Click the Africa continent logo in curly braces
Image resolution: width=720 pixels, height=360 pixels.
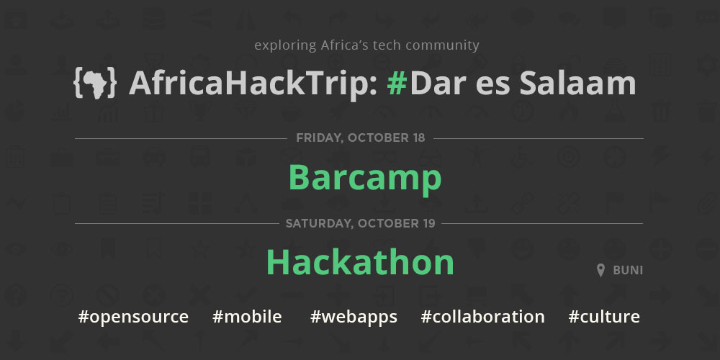pyautogui.click(x=95, y=84)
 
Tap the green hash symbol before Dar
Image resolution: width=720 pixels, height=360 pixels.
pyautogui.click(x=397, y=83)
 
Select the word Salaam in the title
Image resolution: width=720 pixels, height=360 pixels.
pyautogui.click(x=577, y=83)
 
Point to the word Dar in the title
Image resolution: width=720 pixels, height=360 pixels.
pyautogui.click(x=438, y=83)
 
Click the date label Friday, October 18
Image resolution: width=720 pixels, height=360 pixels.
pyautogui.click(x=361, y=138)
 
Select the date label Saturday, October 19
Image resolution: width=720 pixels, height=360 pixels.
pyautogui.click(x=360, y=224)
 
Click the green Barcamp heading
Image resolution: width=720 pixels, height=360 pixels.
pyautogui.click(x=365, y=178)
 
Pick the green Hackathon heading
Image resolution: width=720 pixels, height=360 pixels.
pyautogui.click(x=360, y=262)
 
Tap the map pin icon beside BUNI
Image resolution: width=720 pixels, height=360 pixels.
pyautogui.click(x=600, y=271)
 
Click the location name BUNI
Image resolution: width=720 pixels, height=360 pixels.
pyautogui.click(x=628, y=271)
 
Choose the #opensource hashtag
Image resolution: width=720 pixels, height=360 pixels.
pyautogui.click(x=133, y=317)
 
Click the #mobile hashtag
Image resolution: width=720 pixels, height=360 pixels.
pyautogui.click(x=247, y=316)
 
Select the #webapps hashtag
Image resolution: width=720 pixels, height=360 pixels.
pyautogui.click(x=354, y=317)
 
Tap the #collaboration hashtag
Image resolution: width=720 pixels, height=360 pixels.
pyautogui.click(x=482, y=316)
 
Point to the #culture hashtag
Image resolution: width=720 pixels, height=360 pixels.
pyautogui.click(x=604, y=316)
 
